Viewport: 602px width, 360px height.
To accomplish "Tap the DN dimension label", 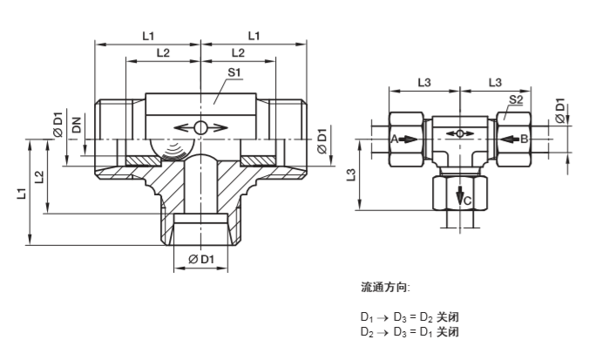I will coord(77,126).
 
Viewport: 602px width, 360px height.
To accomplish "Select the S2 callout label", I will coord(515,100).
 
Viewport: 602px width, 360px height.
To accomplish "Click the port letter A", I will coord(394,139).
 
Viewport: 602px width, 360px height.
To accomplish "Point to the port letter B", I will coord(524,139).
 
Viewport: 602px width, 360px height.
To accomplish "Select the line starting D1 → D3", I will coord(409,318).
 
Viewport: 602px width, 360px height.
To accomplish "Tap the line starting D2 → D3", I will coord(409,332).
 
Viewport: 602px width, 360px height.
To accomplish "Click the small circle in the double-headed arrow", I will coord(200,128).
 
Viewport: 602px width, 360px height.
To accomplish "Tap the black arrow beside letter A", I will coord(409,139).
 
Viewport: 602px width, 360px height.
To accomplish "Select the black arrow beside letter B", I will coord(508,139).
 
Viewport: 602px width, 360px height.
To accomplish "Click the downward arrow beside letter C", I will coord(458,196).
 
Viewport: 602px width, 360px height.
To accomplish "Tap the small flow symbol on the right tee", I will coord(458,133).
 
